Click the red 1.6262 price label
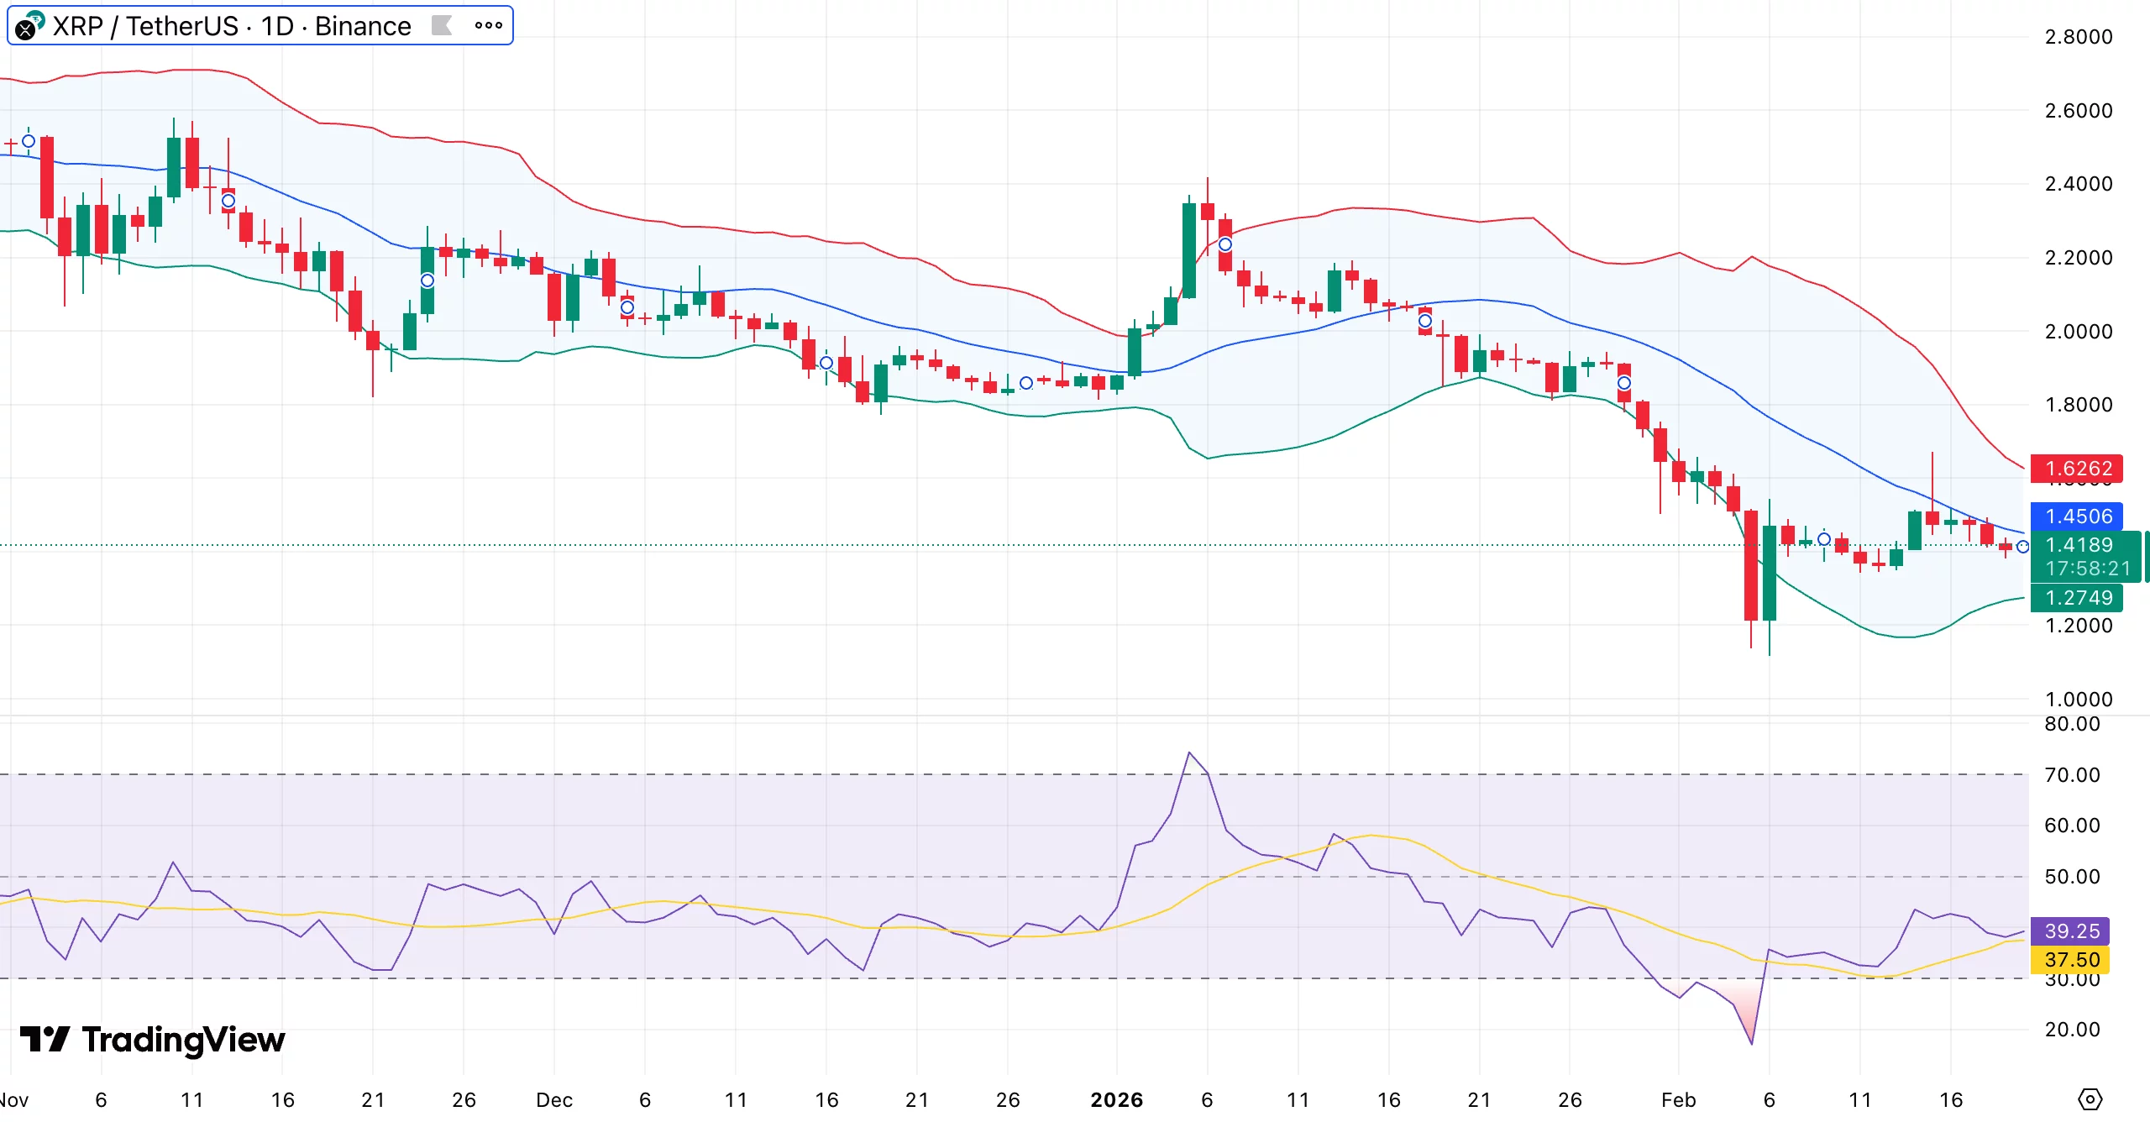click(x=2076, y=469)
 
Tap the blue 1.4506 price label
click(x=2076, y=516)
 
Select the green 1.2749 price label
click(x=2076, y=598)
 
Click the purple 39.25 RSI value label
click(x=2071, y=931)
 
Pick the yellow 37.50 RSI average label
click(x=2071, y=959)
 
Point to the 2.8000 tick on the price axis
click(x=2078, y=37)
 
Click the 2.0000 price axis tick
click(x=2078, y=331)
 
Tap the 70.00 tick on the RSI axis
click(x=2071, y=774)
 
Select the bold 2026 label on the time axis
click(x=1116, y=1099)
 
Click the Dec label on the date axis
click(x=554, y=1099)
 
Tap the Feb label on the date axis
click(x=1678, y=1099)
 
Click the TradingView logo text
click(x=183, y=1040)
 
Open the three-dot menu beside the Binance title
click(x=488, y=25)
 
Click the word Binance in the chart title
click(x=363, y=26)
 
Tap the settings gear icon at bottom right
click(x=2090, y=1098)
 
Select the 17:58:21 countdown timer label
click(x=2088, y=569)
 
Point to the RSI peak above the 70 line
click(x=1189, y=753)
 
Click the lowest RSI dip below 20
click(x=1751, y=1044)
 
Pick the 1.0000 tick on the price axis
click(x=2078, y=699)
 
